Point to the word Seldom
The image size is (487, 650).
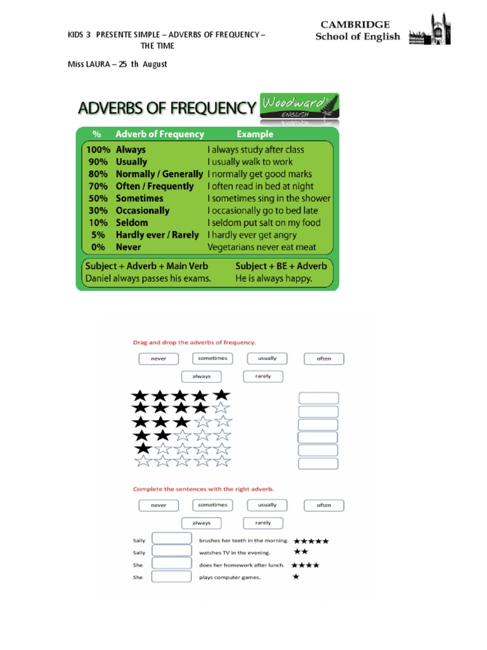click(132, 223)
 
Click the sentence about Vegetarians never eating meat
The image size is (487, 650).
click(261, 247)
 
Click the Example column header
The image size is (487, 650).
click(255, 134)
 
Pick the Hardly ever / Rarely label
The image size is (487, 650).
click(157, 235)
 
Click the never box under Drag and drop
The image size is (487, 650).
click(159, 359)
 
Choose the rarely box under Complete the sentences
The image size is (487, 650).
click(263, 523)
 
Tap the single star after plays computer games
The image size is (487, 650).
click(296, 577)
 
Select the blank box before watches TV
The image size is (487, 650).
click(172, 552)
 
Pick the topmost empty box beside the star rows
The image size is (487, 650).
click(318, 398)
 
